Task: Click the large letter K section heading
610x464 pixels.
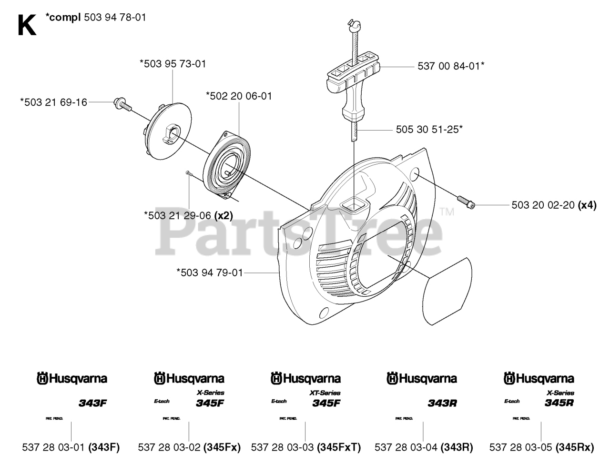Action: click(27, 25)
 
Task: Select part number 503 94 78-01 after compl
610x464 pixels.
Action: click(114, 18)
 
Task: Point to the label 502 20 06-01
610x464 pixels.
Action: click(239, 96)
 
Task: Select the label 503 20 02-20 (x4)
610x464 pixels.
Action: click(554, 205)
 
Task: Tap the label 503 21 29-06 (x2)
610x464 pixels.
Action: click(188, 215)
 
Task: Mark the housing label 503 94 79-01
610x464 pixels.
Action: click(210, 273)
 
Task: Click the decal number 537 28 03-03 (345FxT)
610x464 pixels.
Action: click(305, 447)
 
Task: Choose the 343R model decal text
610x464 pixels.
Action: click(442, 403)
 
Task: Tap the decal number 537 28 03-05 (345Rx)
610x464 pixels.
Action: click(541, 447)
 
